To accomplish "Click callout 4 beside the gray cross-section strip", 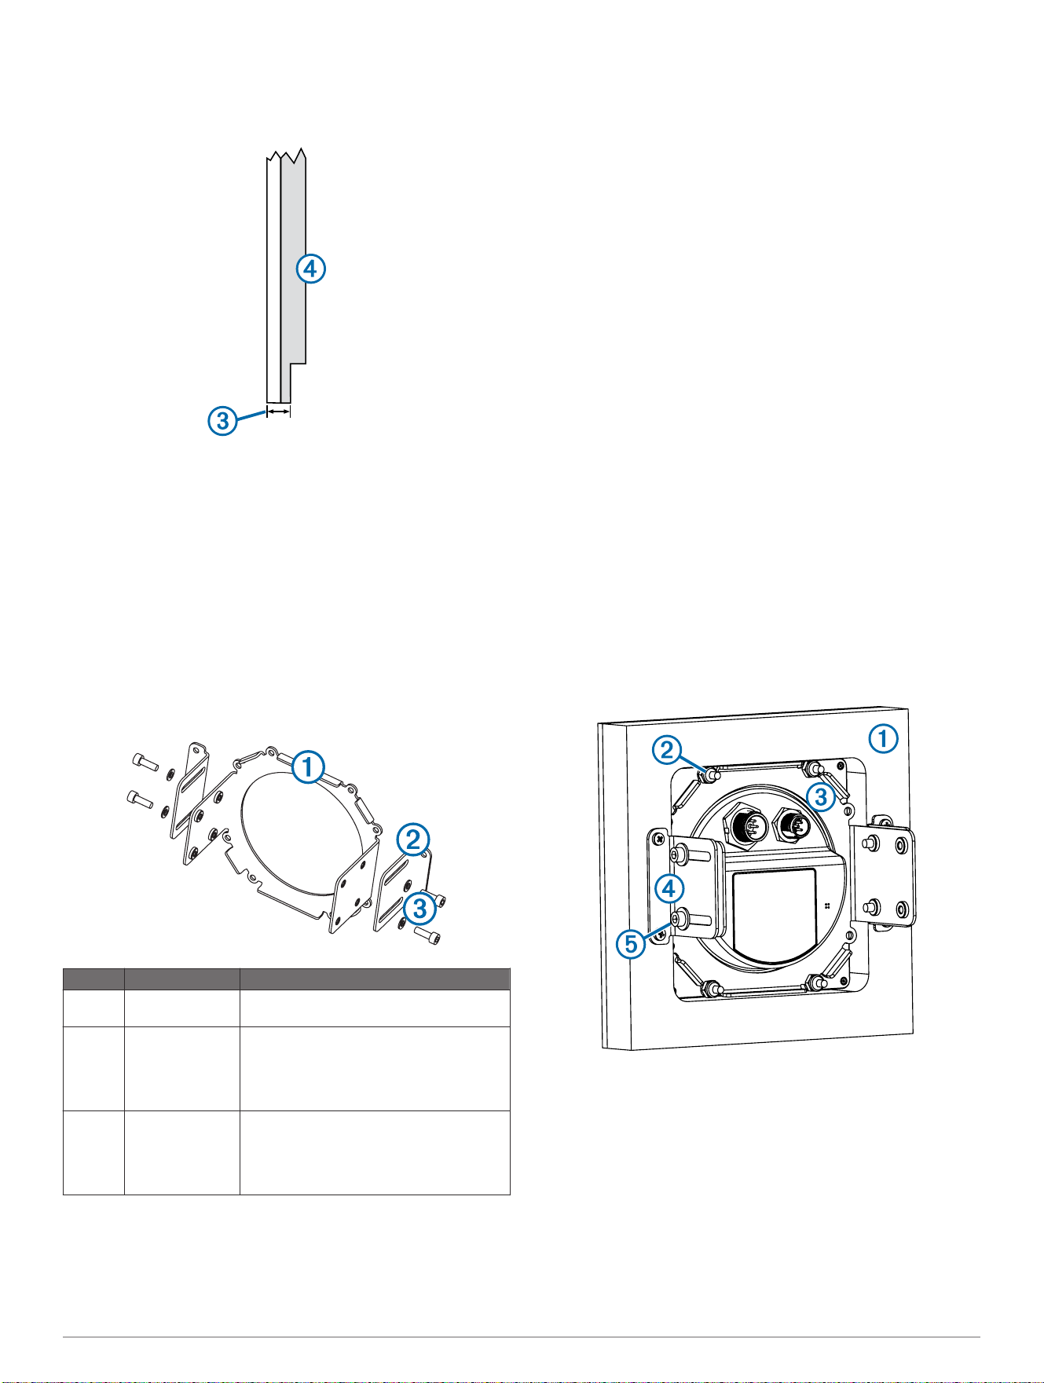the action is click(x=310, y=269).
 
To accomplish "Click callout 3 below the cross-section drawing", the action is click(x=223, y=420).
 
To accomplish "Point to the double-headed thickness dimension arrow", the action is click(x=279, y=410).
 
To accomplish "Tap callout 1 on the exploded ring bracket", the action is click(x=308, y=767).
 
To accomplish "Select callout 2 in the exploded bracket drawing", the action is click(x=412, y=840).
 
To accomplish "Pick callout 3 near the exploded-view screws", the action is click(x=420, y=909).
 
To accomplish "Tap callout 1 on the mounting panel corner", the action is click(x=883, y=738).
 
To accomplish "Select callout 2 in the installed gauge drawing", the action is click(x=667, y=751).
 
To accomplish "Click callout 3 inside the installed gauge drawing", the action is click(x=821, y=798).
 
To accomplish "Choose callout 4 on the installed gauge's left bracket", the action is click(x=669, y=888).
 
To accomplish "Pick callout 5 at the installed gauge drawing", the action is click(x=632, y=943).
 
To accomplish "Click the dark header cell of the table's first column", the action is click(x=93, y=979).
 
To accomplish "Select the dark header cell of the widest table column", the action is click(x=375, y=979).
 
